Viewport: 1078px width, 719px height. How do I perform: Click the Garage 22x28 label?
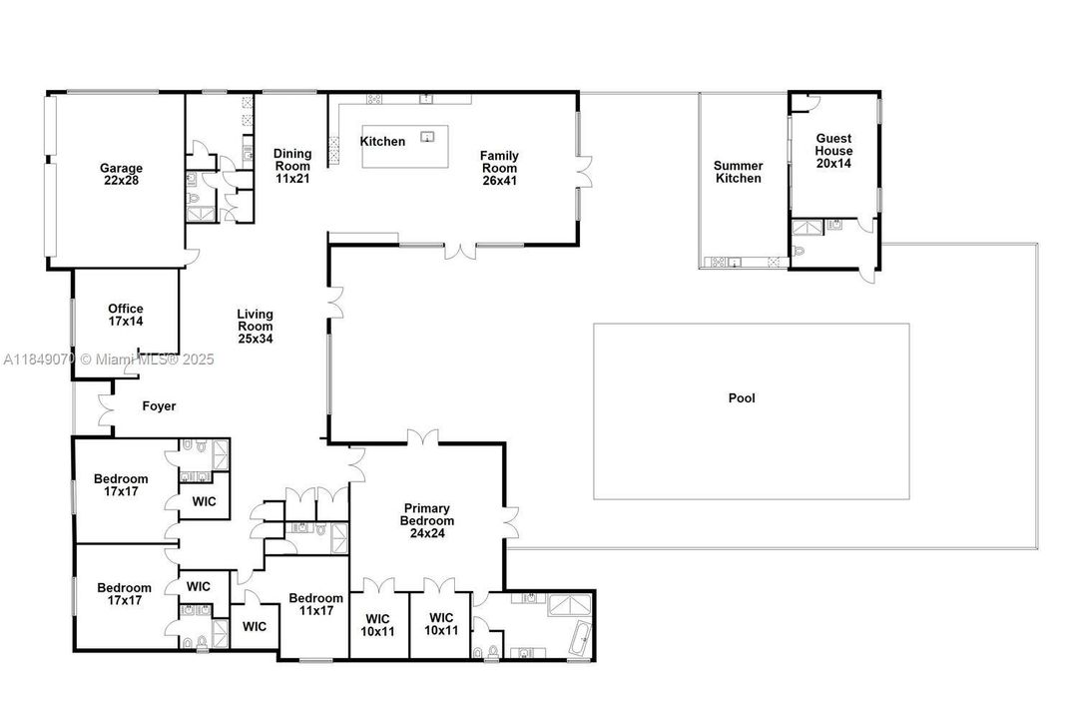click(121, 175)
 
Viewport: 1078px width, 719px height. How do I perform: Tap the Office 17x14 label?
click(126, 316)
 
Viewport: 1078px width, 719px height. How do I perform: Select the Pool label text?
click(742, 398)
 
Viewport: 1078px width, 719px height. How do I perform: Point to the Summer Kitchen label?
click(739, 172)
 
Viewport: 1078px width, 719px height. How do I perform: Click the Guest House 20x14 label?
click(834, 151)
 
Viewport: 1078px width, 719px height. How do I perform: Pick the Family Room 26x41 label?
click(499, 162)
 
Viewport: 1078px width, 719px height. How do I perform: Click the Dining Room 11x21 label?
click(292, 166)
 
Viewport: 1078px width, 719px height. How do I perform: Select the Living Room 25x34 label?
click(255, 327)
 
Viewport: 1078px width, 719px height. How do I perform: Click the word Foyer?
click(159, 406)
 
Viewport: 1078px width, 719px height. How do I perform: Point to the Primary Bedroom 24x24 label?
click(427, 520)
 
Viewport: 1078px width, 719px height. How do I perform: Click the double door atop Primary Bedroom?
click(423, 437)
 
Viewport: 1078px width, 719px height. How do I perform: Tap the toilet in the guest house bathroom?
click(800, 250)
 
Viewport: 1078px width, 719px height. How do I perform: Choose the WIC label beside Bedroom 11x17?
click(255, 626)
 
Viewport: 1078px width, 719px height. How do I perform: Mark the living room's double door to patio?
click(335, 303)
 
